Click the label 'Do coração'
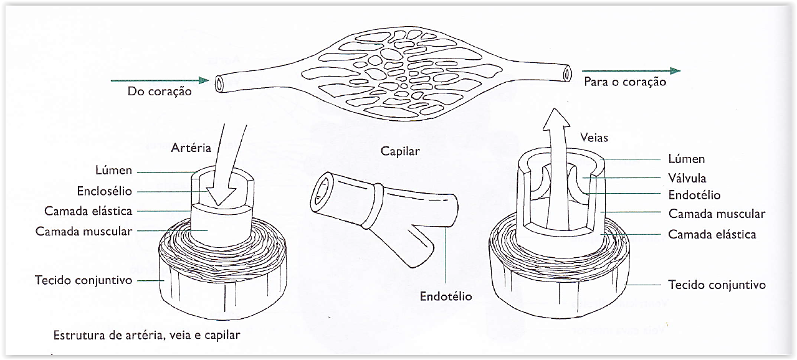click(x=159, y=92)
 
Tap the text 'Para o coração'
click(x=625, y=82)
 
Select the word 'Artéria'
click(x=191, y=148)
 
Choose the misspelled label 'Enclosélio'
click(x=104, y=191)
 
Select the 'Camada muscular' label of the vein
click(x=717, y=214)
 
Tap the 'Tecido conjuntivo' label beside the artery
click(x=84, y=280)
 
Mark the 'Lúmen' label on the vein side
click(x=686, y=160)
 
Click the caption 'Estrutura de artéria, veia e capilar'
click(x=146, y=335)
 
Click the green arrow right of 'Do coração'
click(x=159, y=80)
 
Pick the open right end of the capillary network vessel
click(x=566, y=73)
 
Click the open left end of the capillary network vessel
click(x=220, y=84)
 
